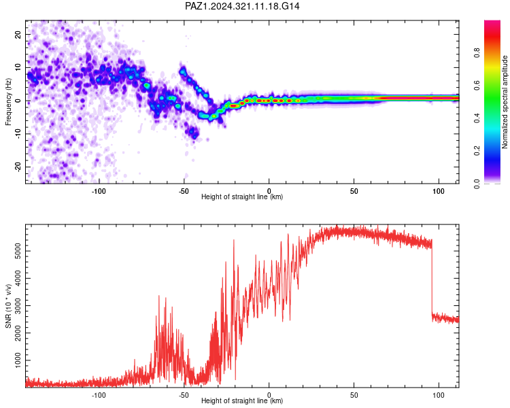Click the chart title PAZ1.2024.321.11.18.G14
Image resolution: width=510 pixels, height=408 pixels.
[242, 6]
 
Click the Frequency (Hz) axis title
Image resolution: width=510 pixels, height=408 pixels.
[8, 102]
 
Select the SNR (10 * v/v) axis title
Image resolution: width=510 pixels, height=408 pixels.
[8, 306]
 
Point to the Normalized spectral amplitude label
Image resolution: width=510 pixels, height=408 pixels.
[505, 102]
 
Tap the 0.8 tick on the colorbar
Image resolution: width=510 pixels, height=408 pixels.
[477, 52]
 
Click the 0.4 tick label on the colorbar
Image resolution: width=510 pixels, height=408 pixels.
[477, 118]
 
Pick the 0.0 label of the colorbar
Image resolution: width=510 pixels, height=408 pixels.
[477, 184]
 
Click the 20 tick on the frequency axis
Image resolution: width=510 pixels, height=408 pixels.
[18, 35]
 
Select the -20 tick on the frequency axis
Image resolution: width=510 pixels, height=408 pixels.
[18, 167]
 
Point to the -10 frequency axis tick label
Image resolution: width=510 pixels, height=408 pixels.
[18, 133]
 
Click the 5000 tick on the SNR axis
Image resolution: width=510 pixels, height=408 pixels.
[18, 251]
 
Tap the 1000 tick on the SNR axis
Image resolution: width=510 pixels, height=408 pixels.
[18, 360]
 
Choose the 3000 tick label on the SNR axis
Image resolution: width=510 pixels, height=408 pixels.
[18, 305]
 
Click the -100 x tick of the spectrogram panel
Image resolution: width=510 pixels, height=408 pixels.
[99, 191]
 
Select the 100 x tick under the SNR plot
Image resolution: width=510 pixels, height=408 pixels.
[439, 395]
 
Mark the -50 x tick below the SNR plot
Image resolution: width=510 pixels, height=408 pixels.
[184, 395]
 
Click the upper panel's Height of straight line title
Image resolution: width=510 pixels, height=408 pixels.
[242, 197]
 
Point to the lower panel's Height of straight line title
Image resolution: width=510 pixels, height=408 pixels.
[242, 401]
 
